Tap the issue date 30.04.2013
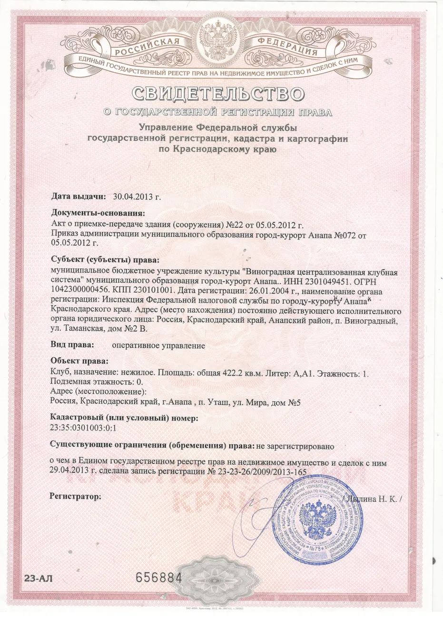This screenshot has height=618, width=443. pos(137,196)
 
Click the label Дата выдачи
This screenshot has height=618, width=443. pos(78,196)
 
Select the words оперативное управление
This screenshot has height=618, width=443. pos(158,346)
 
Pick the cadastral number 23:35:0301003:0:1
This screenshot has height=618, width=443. pos(83,427)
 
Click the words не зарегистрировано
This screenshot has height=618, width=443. pos(295,446)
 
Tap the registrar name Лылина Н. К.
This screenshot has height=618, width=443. pos(373,500)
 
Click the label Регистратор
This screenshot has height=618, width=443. pos(75,497)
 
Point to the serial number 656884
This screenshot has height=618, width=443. pos(159,578)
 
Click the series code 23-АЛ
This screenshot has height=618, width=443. pos(35,579)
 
